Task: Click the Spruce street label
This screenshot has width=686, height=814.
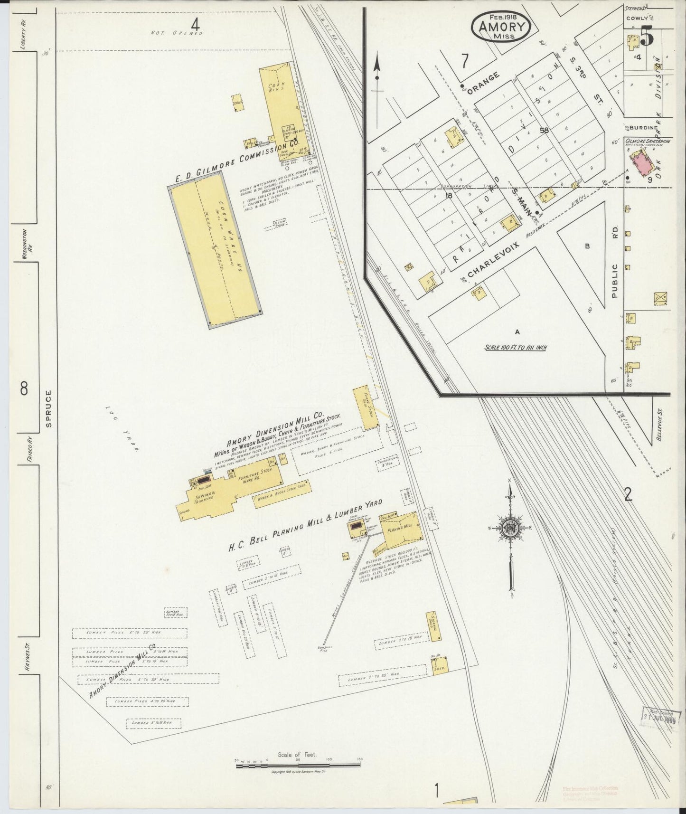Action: coord(48,409)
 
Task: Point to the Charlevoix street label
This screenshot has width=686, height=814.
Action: coord(493,258)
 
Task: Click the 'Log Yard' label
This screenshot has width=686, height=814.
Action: coord(122,428)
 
